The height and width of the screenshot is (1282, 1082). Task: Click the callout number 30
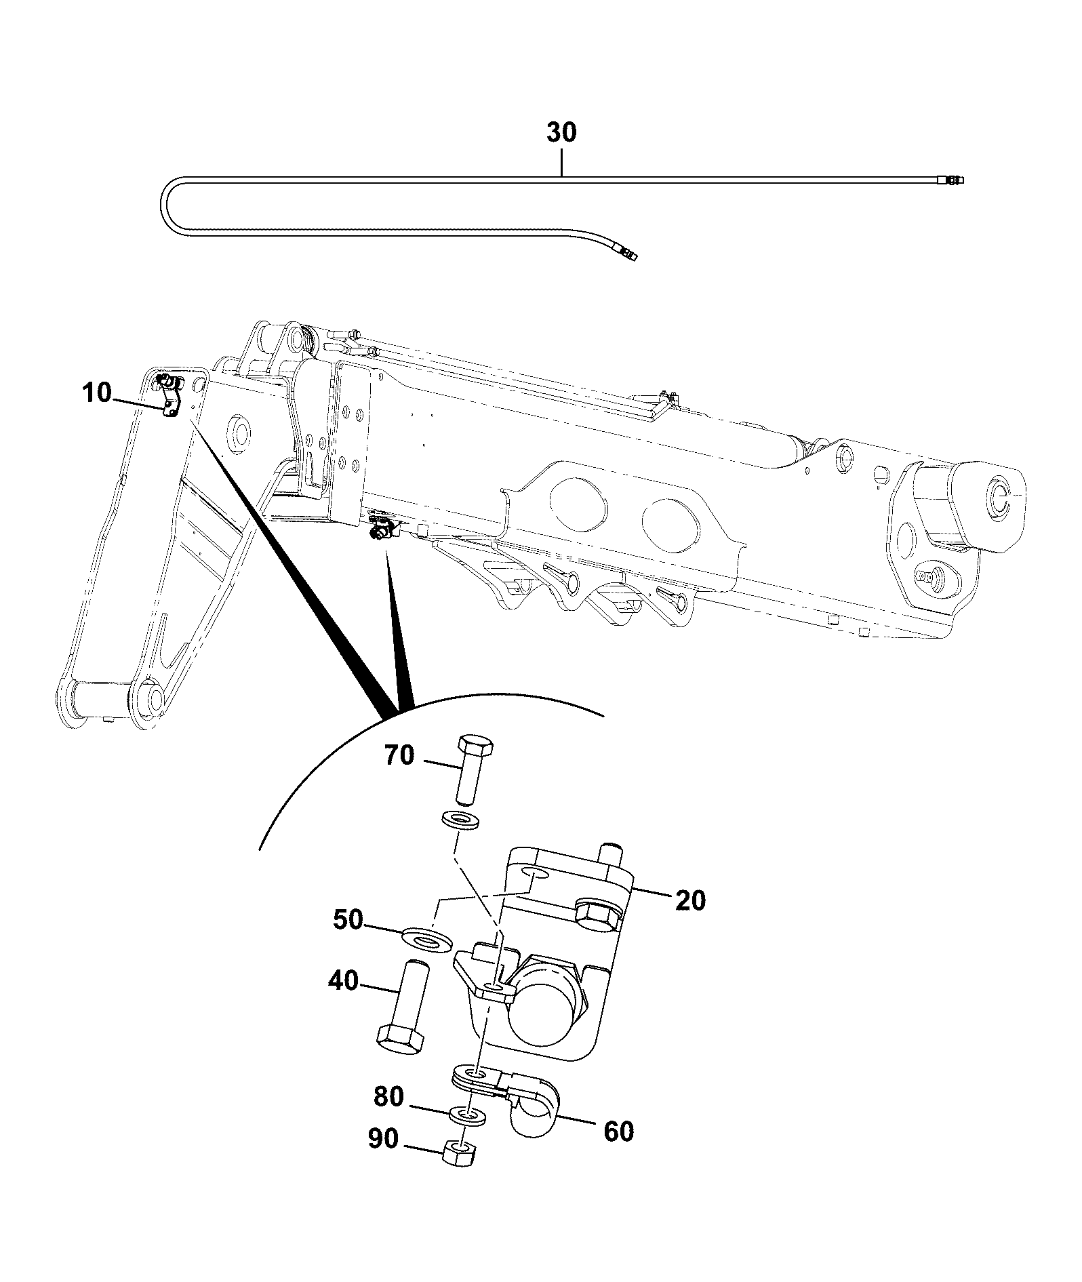561,133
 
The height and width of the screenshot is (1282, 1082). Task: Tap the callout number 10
97,393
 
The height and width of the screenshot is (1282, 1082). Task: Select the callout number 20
690,901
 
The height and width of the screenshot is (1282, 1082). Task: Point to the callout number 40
343,980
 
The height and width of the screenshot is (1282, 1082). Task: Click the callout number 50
348,921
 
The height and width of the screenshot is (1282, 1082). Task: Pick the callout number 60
618,1131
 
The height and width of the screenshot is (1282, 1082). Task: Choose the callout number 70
399,755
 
